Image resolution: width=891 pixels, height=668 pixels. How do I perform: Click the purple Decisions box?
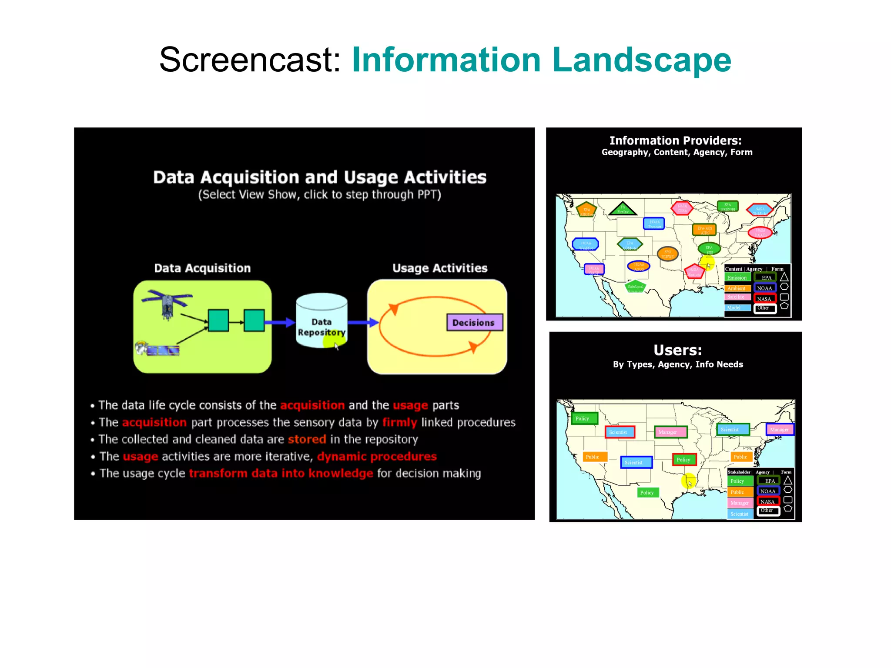[x=474, y=323]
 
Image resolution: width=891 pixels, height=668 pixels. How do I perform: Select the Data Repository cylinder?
[x=322, y=321]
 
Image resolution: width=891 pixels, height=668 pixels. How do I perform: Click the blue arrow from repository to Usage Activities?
[x=363, y=322]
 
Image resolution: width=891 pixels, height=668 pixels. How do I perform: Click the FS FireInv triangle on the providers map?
[x=623, y=210]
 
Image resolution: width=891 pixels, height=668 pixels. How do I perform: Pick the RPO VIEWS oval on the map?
[x=667, y=254]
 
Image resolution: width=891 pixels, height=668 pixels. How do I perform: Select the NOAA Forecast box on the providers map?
[x=654, y=224]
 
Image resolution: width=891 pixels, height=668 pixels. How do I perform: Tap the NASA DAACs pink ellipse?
[x=760, y=233]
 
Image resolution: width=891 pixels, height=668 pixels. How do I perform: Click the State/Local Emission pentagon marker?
[x=635, y=287]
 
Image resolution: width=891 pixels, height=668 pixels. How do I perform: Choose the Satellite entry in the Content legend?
[x=737, y=297]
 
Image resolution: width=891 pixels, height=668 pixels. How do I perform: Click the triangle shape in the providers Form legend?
[x=784, y=277]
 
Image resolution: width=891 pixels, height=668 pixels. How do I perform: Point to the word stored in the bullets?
[x=307, y=439]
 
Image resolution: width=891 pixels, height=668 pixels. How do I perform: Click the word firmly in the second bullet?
[x=399, y=422]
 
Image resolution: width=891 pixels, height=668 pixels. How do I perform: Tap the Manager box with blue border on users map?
[x=779, y=430]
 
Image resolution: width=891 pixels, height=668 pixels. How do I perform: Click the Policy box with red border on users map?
[x=684, y=460]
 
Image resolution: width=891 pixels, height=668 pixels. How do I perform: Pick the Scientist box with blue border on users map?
[x=636, y=462]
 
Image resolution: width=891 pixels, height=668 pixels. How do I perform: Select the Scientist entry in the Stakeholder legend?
[x=740, y=514]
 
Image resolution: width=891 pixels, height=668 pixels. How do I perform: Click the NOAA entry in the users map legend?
[x=768, y=491]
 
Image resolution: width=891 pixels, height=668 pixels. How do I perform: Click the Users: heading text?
[x=677, y=351]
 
